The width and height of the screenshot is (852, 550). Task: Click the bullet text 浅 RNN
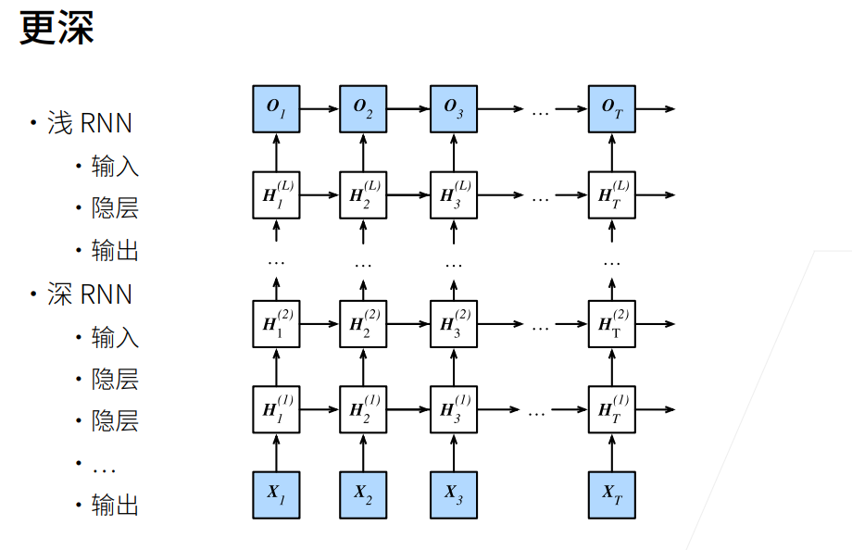(89, 123)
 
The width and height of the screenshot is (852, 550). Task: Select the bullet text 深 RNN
(89, 294)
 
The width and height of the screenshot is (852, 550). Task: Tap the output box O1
(276, 108)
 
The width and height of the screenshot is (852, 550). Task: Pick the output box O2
(363, 108)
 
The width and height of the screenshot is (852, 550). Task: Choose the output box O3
(453, 108)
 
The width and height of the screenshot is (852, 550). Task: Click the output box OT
(611, 108)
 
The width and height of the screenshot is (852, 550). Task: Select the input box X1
(276, 494)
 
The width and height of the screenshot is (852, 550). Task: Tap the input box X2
(363, 494)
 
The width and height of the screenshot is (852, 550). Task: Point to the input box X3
(453, 494)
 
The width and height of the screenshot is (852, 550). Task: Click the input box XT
(611, 494)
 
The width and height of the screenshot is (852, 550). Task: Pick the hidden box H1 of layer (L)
(276, 195)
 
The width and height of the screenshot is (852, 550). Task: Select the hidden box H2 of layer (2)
(363, 324)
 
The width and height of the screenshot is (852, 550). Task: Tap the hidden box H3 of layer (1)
(453, 409)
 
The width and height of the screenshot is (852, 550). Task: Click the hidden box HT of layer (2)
(611, 324)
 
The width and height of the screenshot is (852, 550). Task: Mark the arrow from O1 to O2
(319, 108)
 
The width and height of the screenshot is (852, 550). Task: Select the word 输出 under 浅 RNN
(115, 251)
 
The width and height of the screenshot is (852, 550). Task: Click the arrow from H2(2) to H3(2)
(408, 324)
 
